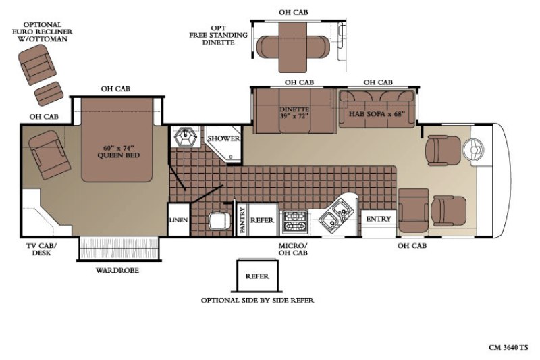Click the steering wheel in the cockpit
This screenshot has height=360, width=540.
[x=473, y=149]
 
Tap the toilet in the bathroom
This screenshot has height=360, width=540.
[x=219, y=221]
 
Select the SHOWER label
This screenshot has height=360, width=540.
[x=223, y=138]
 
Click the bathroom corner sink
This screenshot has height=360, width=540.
[x=186, y=137]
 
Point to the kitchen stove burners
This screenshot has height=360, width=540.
[x=294, y=222]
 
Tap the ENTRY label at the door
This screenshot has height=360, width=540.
[x=379, y=219]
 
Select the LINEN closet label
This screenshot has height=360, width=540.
[x=179, y=220]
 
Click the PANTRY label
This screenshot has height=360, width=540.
[x=242, y=220]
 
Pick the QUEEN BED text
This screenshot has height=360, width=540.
[x=119, y=155]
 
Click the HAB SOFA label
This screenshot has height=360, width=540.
[x=377, y=114]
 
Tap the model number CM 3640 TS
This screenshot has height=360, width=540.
[x=508, y=347]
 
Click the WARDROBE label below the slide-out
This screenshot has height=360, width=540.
[x=117, y=270]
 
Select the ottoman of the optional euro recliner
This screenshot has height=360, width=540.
[x=49, y=93]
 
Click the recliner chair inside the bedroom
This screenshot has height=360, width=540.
[x=49, y=155]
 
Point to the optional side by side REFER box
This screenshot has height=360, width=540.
[x=257, y=276]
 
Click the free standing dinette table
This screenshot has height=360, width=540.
[x=293, y=47]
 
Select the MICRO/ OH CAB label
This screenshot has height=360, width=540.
[x=293, y=249]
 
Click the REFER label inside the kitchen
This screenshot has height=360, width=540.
[x=262, y=220]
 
